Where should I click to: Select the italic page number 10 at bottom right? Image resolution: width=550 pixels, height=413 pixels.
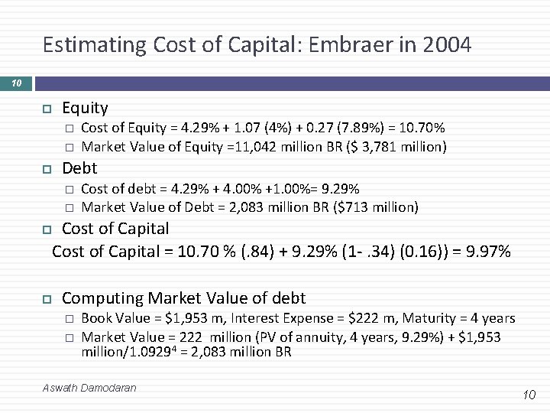point(530,394)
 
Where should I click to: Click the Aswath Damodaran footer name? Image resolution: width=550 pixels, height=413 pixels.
point(90,388)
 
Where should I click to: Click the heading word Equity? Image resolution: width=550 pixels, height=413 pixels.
point(85,108)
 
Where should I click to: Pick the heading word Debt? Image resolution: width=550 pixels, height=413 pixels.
point(79,168)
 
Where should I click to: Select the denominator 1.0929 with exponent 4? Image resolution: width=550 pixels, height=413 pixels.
point(141,352)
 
